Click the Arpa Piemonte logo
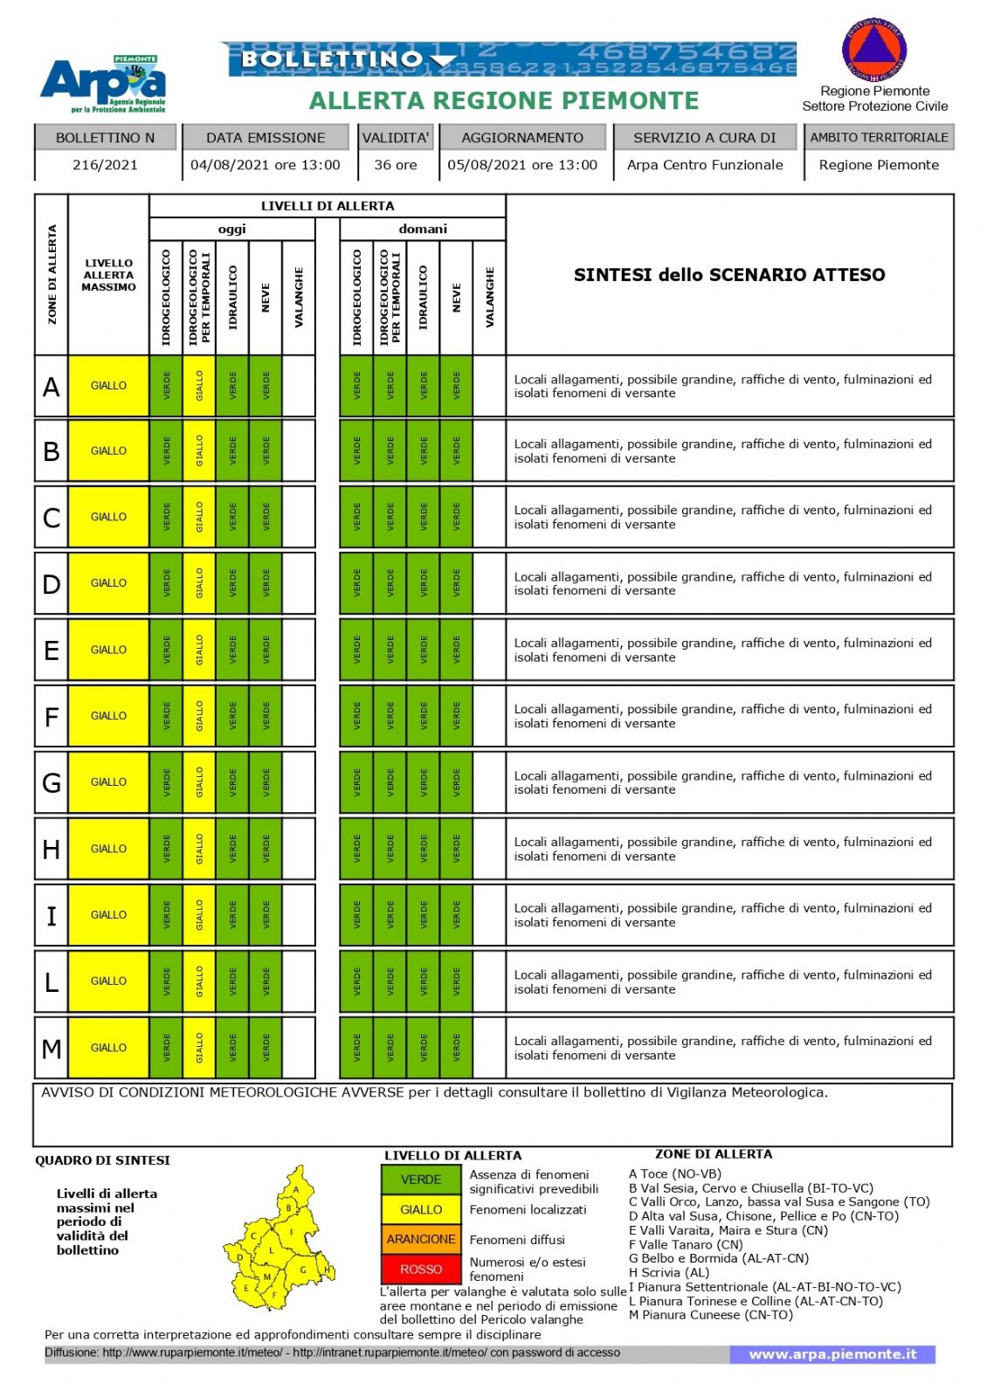click(103, 85)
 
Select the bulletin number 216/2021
click(105, 165)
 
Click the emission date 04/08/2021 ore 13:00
click(266, 165)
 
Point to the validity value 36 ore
click(396, 165)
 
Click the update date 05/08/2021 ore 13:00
click(522, 165)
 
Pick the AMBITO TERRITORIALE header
click(879, 137)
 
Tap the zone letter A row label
click(52, 386)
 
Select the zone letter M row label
click(52, 1048)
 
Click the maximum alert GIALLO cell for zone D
click(108, 583)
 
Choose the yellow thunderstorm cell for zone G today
click(199, 782)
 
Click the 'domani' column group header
click(423, 229)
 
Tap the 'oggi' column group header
click(231, 229)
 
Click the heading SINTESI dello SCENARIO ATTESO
click(729, 275)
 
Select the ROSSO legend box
click(421, 1269)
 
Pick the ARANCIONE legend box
click(421, 1239)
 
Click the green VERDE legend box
click(421, 1180)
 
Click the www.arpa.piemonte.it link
click(832, 1354)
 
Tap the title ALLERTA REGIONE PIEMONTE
click(504, 101)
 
